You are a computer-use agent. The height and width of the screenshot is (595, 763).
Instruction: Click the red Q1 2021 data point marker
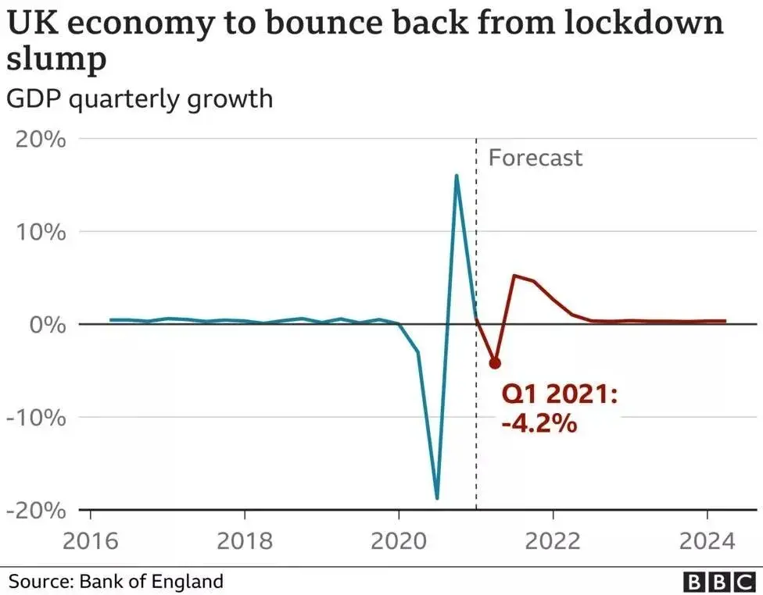coord(494,363)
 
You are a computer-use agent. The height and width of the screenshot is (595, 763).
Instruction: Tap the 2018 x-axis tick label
coord(245,540)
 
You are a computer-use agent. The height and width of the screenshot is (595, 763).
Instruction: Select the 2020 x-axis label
coord(399,540)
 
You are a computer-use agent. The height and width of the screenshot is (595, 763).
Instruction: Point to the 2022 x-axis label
coord(553,540)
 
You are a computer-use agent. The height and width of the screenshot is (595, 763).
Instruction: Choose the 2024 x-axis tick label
coord(707,540)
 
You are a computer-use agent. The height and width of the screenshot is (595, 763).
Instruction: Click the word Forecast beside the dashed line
coord(536,158)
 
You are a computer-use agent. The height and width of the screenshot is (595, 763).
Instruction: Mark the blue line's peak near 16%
coord(457,176)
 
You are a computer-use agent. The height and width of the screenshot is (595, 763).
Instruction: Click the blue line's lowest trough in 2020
coord(437,498)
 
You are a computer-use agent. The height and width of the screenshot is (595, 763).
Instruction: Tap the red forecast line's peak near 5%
coord(514,276)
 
